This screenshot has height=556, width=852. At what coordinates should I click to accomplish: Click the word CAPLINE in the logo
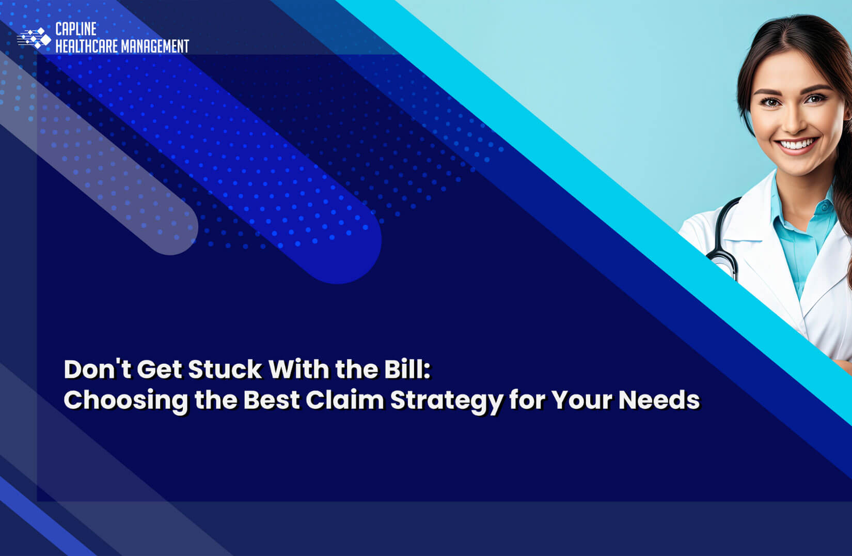pyautogui.click(x=75, y=29)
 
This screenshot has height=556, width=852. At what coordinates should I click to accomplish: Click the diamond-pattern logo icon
pyautogui.click(x=34, y=38)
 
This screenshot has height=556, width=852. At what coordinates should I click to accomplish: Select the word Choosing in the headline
pyautogui.click(x=125, y=400)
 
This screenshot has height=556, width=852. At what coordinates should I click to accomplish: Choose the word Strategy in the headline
pyautogui.click(x=446, y=400)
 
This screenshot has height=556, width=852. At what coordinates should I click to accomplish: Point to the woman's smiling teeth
pyautogui.click(x=798, y=144)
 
